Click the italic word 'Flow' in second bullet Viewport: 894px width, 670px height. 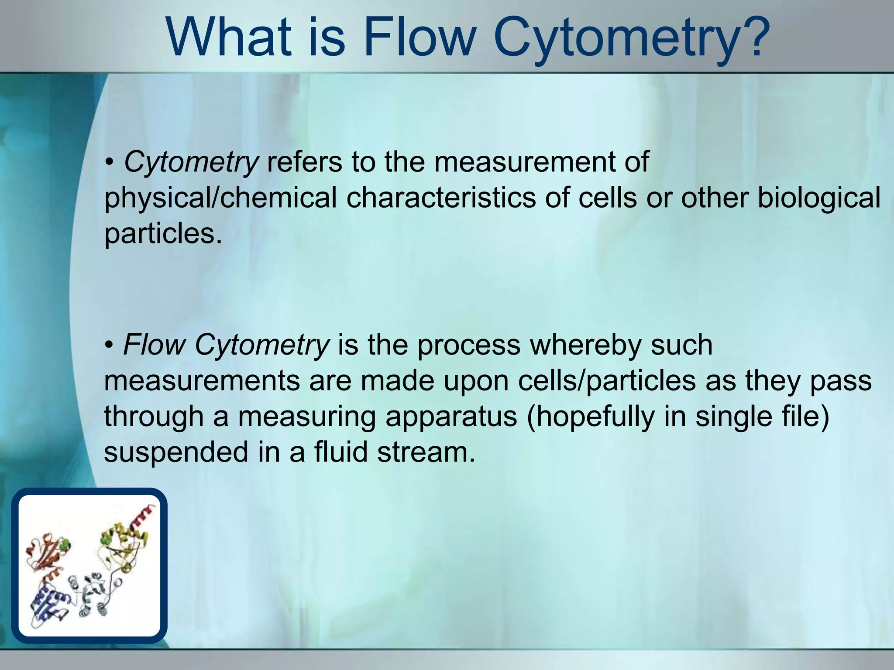click(155, 345)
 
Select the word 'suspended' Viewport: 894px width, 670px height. click(175, 452)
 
